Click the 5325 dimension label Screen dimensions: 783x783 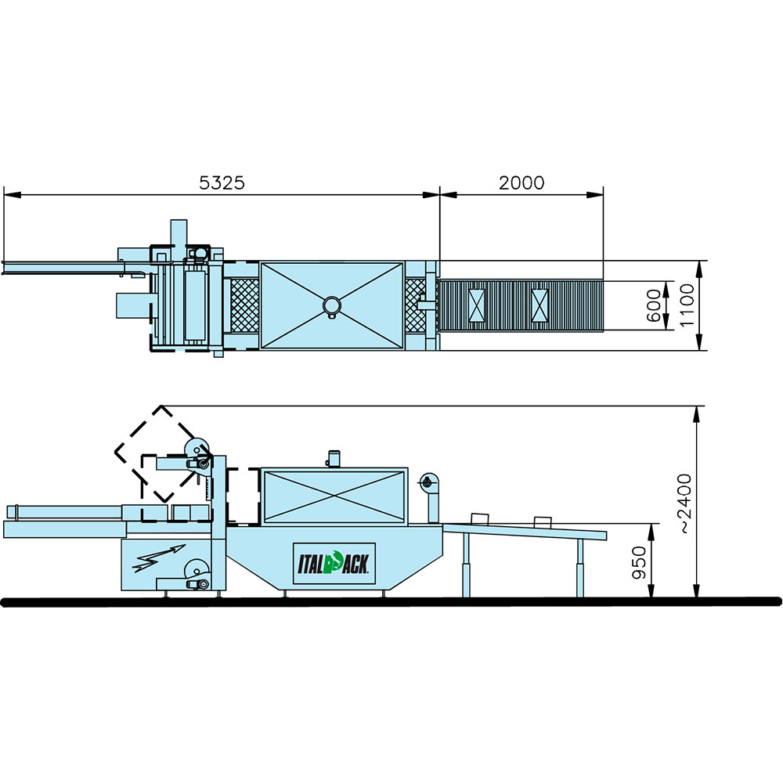pos(222,182)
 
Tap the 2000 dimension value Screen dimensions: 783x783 pos(521,182)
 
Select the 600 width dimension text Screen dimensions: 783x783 pos(654,305)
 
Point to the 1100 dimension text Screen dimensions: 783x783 pos(687,305)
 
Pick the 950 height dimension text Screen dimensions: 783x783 pos(639,563)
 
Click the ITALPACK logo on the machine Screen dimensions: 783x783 pos(334,563)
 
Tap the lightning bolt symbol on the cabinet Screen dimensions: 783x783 pos(159,558)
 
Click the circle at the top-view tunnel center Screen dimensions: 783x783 pos(331,305)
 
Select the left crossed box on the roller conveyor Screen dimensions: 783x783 pos(477,305)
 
